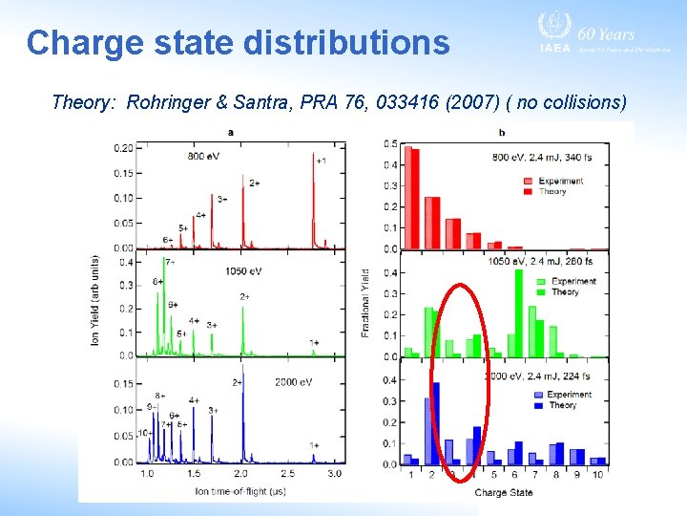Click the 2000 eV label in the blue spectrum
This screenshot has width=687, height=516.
point(290,382)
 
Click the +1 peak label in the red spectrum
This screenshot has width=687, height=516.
point(321,161)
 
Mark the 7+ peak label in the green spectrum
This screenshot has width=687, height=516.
point(170,262)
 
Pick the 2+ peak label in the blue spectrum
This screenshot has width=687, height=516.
point(238,382)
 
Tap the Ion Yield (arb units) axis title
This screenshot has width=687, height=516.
point(95,301)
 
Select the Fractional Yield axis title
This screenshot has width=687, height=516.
point(365,302)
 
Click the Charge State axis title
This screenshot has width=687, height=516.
point(503,492)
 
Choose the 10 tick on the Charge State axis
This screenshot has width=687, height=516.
point(597,475)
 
